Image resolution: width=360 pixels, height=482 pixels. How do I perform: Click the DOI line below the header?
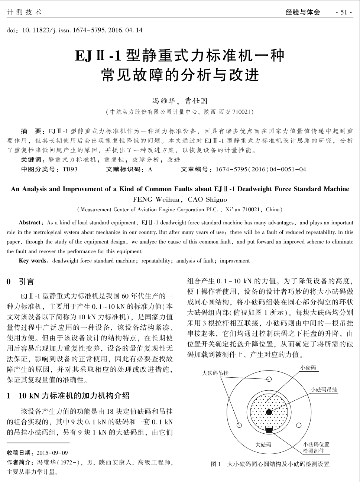tap(74, 30)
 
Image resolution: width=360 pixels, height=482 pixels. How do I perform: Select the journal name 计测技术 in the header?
tap(25, 12)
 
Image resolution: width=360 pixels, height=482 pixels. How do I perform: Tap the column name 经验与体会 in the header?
tap(302, 12)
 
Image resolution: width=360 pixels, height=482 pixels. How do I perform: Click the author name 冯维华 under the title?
tap(163, 101)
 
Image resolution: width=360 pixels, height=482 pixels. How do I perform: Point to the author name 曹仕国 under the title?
tap(196, 101)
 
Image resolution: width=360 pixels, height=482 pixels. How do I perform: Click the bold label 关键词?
tap(33, 160)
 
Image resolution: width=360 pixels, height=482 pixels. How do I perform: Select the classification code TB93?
tap(70, 169)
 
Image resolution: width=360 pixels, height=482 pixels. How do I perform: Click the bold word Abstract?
tap(30, 223)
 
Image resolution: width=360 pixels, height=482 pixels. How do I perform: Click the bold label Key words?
tap(33, 261)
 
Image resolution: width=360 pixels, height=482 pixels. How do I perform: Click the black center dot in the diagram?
tap(269, 412)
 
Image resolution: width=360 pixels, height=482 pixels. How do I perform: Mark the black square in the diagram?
tap(269, 430)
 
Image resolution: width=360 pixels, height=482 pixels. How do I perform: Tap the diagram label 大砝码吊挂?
tap(215, 373)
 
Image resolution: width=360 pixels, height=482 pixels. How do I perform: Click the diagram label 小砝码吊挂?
tap(324, 390)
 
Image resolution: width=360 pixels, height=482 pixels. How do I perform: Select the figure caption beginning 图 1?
tap(270, 464)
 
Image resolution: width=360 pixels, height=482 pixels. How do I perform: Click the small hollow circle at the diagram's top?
tap(269, 379)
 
